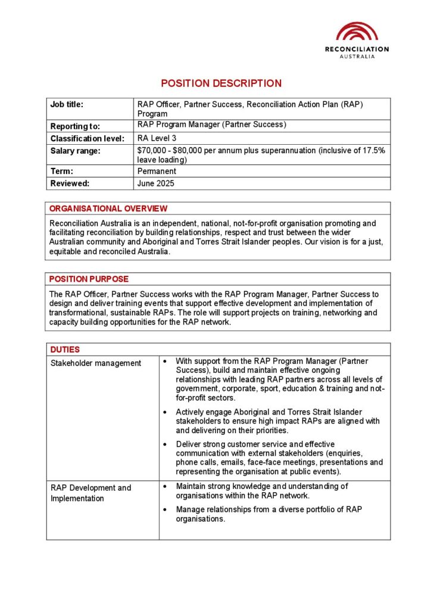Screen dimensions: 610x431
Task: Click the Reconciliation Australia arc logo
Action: coord(357,32)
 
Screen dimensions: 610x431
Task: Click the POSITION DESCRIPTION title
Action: coord(221,83)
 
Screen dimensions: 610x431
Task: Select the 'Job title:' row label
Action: coord(67,105)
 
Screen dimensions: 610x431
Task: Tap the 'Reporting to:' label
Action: coord(75,126)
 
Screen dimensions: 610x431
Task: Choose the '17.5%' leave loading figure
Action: coord(374,151)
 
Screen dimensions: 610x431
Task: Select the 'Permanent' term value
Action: coord(157,171)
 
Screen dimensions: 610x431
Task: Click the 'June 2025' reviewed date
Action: coord(156,183)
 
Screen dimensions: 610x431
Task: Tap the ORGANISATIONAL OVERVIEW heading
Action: coord(108,208)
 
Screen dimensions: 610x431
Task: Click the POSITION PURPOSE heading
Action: coord(89,279)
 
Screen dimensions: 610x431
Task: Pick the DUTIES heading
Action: coord(65,350)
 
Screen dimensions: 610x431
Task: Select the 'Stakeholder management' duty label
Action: coord(96,363)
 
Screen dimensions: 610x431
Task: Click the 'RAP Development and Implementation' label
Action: coord(90,493)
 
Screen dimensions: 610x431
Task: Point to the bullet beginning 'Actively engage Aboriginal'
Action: coord(164,412)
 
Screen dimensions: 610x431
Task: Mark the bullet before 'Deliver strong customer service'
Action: coord(164,444)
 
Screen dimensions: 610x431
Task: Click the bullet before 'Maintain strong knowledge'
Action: coord(164,487)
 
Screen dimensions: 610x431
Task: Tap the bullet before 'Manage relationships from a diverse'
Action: coord(164,509)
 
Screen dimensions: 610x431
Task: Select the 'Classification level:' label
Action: coord(87,139)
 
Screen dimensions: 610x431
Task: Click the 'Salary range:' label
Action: coord(76,151)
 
